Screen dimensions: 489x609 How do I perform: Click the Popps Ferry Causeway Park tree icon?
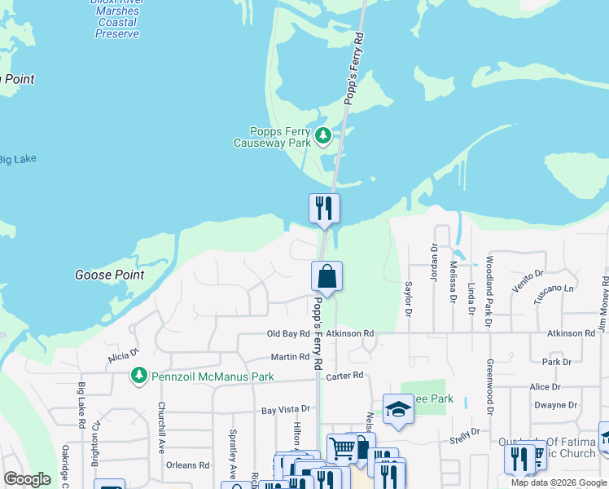coord(323,134)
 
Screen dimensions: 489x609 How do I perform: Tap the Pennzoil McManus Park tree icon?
coord(139,376)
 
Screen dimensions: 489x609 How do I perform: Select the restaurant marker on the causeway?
coord(324,209)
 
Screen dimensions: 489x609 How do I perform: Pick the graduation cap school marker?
coord(398,409)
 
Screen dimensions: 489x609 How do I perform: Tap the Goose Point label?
coord(110,275)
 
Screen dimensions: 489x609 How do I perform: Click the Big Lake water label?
coord(16,159)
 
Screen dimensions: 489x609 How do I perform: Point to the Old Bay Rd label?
coord(288,333)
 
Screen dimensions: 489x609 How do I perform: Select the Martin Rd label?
coord(291,357)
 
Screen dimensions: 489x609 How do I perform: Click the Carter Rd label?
coord(344,376)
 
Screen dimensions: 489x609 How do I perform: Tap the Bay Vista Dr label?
coord(287,409)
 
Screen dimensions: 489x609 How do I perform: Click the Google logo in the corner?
coord(27,479)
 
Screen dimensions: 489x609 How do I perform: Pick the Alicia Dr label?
coord(124,355)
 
